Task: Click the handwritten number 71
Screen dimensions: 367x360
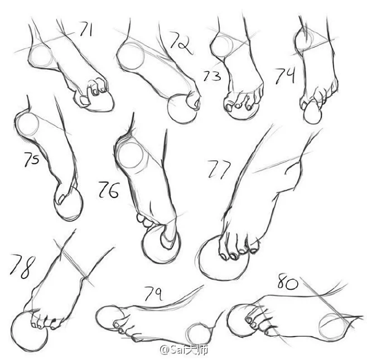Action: (86, 29)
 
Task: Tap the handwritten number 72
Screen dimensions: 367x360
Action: (181, 44)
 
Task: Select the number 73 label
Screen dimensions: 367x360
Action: (212, 76)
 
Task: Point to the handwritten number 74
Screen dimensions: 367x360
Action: (284, 76)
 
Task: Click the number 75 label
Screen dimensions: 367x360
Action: (32, 159)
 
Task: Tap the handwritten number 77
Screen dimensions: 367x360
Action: (219, 169)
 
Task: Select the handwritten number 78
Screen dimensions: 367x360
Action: (23, 266)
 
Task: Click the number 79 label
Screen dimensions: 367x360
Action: (153, 293)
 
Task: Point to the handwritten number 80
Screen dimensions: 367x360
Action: (288, 282)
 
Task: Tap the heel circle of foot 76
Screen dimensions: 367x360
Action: (131, 156)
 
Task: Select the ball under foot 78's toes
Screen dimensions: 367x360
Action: (29, 332)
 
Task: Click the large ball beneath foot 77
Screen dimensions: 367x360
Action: (224, 258)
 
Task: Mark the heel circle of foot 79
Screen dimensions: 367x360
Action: (199, 334)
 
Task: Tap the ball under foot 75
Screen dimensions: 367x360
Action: (68, 203)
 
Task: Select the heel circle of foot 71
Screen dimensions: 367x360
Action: (42, 56)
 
